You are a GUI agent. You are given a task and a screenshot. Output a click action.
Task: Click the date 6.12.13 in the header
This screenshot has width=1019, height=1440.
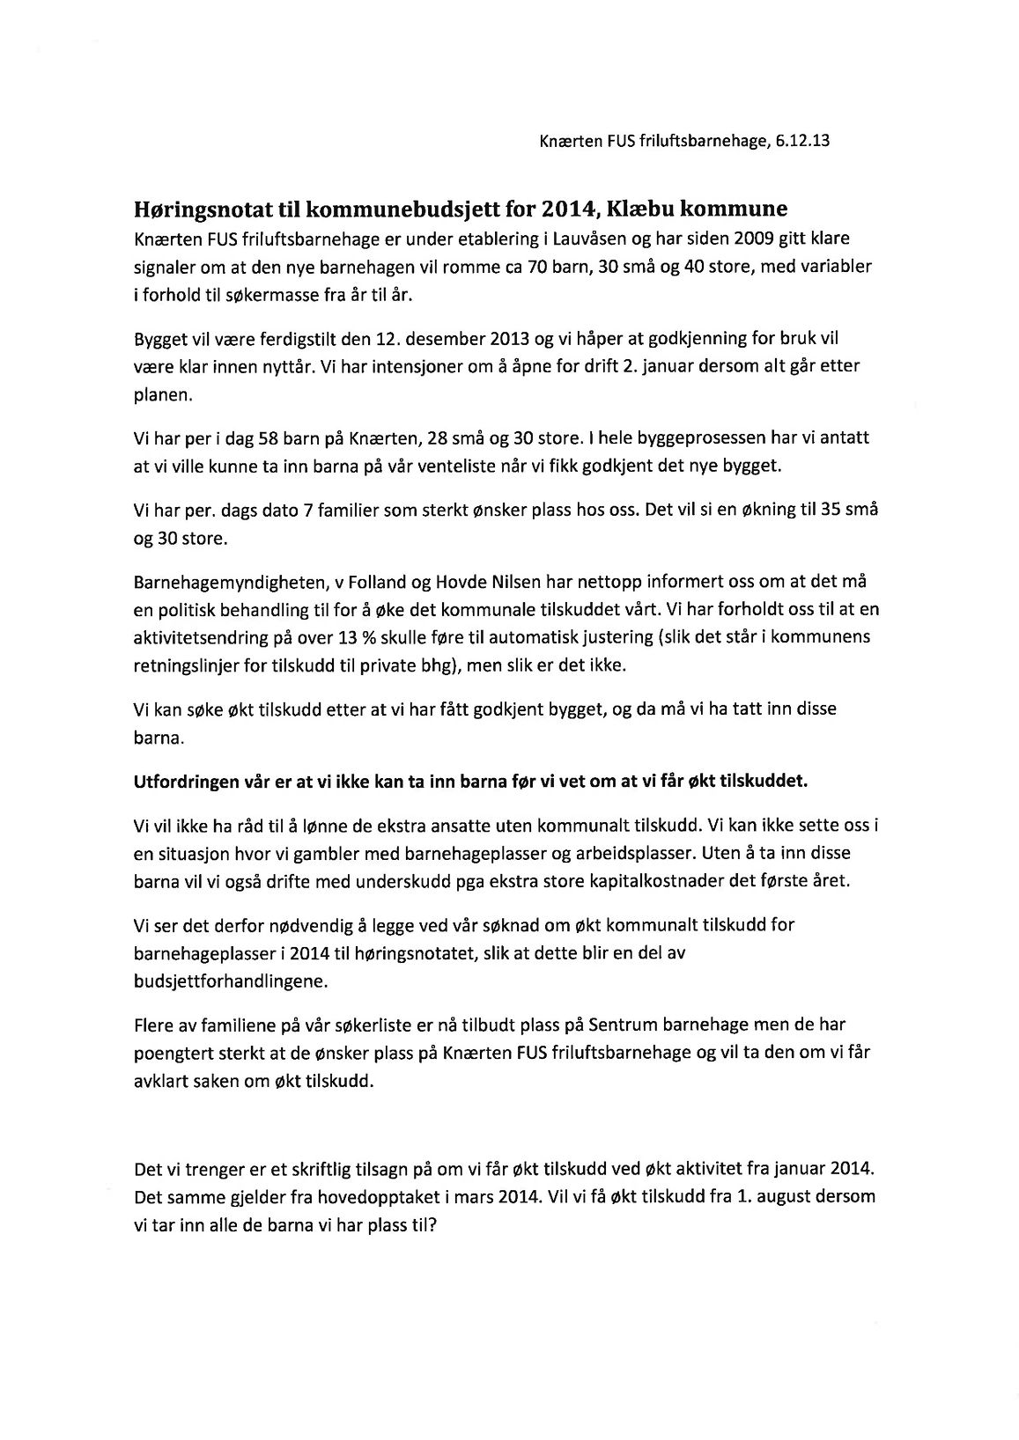tap(803, 141)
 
